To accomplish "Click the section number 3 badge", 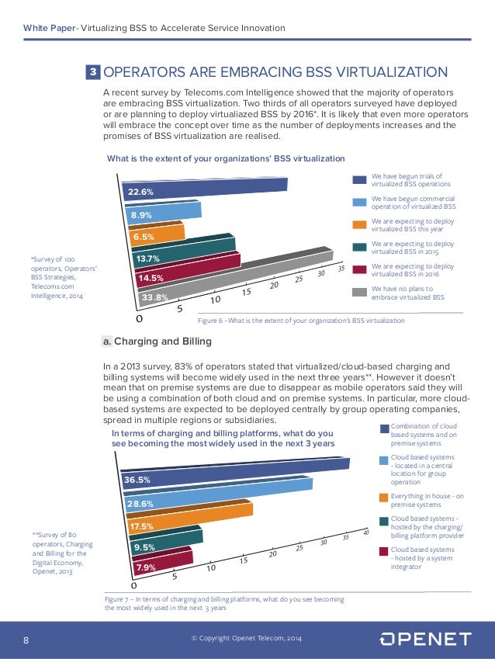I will [x=93, y=73].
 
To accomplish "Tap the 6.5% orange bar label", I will [x=143, y=237].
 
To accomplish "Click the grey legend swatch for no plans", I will [x=359, y=293].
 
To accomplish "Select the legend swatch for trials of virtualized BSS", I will [x=359, y=180].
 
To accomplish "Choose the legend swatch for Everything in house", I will [x=384, y=497].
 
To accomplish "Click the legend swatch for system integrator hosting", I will [x=384, y=551].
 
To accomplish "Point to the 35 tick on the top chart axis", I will [x=341, y=268].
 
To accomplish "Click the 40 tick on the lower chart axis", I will [x=365, y=531].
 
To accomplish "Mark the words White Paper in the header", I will [x=47, y=29].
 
